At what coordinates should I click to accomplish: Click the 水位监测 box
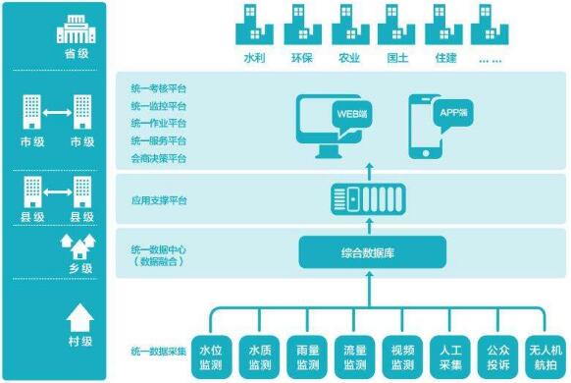pos(210,356)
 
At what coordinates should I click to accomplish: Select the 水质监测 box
pos(259,356)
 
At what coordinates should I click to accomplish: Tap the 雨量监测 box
pos(307,356)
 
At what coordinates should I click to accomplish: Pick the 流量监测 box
pos(355,356)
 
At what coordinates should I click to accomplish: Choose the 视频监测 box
pos(403,356)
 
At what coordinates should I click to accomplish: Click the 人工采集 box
pos(451,356)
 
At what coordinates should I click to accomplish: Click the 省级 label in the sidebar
pos(77,54)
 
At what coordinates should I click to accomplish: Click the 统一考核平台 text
pos(159,88)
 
